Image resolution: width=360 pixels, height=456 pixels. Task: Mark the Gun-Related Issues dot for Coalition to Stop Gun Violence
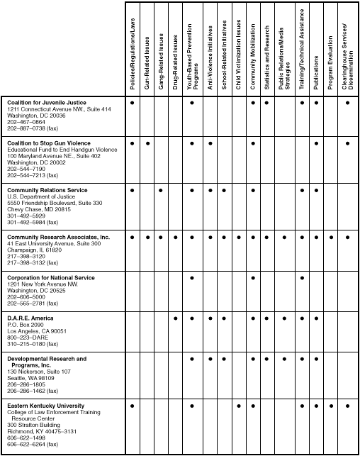point(147,144)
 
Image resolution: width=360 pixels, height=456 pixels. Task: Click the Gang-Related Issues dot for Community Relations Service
point(162,190)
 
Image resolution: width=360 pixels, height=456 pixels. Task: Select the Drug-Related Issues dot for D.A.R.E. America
point(176,318)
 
